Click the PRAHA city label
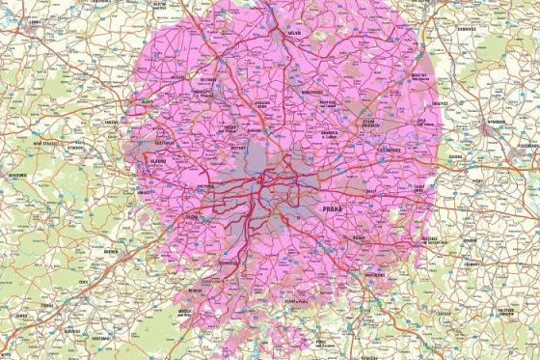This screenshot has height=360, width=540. (333, 208)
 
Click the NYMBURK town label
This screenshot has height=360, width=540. (496, 123)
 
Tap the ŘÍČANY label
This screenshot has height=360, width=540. (360, 237)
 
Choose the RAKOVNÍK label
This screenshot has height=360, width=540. (17, 176)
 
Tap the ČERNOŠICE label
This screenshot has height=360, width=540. (229, 263)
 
